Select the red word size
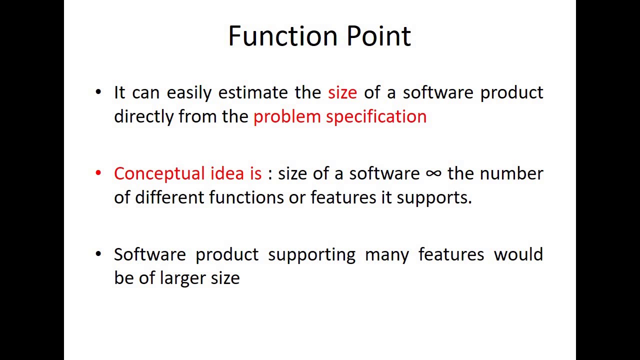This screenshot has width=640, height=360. (x=342, y=92)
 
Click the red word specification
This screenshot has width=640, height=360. (x=376, y=117)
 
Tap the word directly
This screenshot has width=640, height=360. (x=143, y=117)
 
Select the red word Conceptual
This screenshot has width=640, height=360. (x=159, y=173)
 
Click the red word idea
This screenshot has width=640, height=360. (x=227, y=173)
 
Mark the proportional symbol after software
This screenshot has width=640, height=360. (x=433, y=173)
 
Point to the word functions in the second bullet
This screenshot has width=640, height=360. (x=246, y=197)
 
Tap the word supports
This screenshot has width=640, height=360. (x=433, y=198)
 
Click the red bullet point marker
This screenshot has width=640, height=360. (x=98, y=173)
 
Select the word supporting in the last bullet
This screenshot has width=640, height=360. (x=311, y=255)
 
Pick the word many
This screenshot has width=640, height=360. (x=386, y=255)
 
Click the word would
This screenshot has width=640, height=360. (x=518, y=254)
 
